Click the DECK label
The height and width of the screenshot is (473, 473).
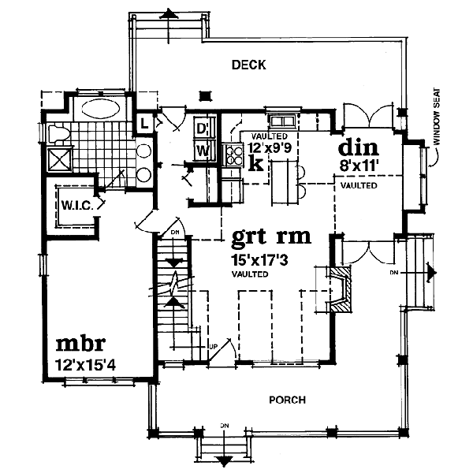coord(249,65)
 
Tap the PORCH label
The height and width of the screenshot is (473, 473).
coord(287,400)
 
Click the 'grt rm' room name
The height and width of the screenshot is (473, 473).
coord(271,236)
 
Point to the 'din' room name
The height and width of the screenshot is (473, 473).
coord(359,147)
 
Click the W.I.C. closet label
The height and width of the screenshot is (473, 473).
coord(77,206)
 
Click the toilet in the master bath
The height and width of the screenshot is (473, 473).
coord(59,134)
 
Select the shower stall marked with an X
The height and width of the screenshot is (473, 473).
coord(60,159)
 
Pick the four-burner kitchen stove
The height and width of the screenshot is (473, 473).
coord(233,155)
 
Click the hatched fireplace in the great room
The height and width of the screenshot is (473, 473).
coord(341,289)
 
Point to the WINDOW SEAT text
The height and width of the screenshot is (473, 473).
coord(437,116)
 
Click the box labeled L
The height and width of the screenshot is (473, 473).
coord(145,124)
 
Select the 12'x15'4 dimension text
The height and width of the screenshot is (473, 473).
coord(86,365)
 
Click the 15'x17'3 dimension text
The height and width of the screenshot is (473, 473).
coord(259,259)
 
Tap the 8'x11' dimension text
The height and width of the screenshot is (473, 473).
coord(359,166)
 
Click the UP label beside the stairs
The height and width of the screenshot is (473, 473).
coord(213,347)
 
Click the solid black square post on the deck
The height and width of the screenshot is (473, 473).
coord(205,95)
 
